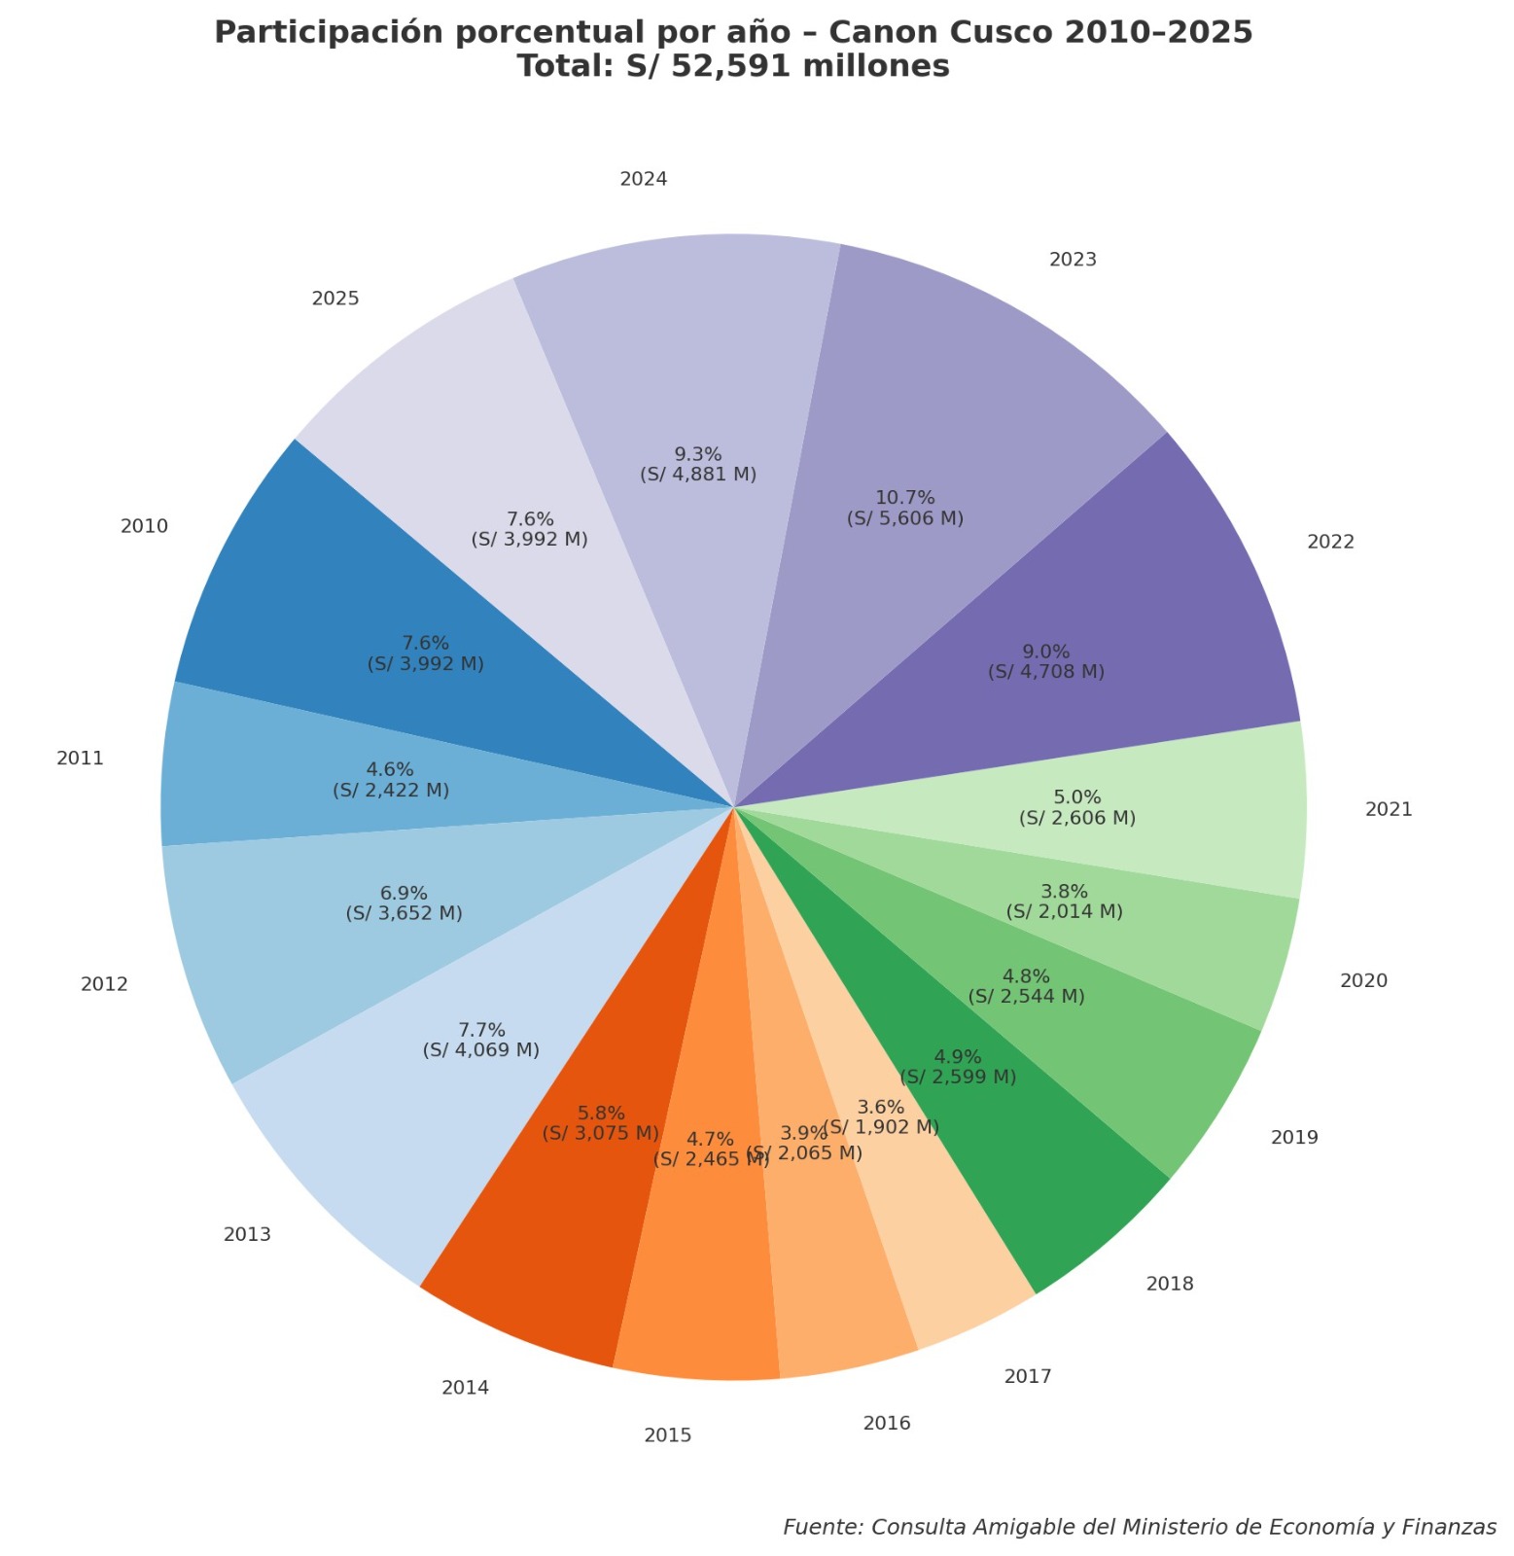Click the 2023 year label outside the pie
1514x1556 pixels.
pos(1073,260)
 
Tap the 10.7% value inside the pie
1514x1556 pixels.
pos(904,498)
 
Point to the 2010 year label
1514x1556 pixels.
pos(144,526)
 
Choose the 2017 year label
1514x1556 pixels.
pos(1028,1376)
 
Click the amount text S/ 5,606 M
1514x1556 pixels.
pos(905,518)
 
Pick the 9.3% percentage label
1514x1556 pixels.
pos(698,454)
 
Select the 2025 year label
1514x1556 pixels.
pos(335,299)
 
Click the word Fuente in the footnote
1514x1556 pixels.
pos(823,1527)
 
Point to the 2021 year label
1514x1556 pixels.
pos(1389,809)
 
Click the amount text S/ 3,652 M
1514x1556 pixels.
pos(404,913)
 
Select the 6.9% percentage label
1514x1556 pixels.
pos(404,893)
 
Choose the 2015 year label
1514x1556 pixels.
pos(668,1435)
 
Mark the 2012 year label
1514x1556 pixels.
pos(104,984)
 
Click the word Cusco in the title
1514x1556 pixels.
pos(1009,32)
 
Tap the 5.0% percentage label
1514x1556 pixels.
pos(1077,797)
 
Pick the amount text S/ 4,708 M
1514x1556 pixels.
pos(1046,672)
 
